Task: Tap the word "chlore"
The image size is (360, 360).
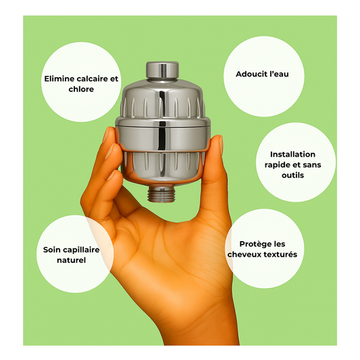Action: (x=81, y=89)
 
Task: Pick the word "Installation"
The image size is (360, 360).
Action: (x=292, y=154)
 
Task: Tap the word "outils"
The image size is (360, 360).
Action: (x=292, y=175)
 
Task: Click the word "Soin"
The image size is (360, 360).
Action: (x=51, y=249)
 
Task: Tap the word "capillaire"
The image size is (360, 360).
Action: (x=81, y=250)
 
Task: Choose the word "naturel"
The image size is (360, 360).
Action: (x=72, y=260)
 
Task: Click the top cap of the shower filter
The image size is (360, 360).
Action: (x=162, y=70)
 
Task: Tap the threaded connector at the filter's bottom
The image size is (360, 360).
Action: (x=161, y=194)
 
